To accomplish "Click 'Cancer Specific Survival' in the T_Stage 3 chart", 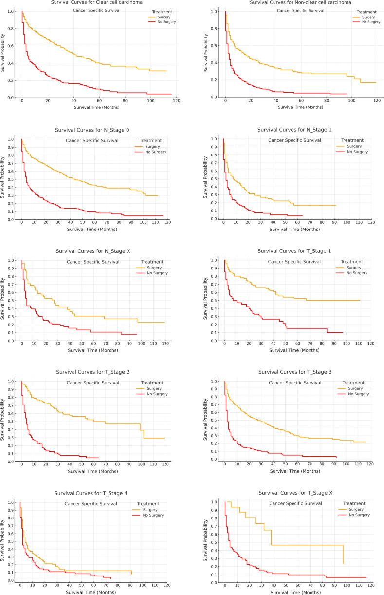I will (295, 383).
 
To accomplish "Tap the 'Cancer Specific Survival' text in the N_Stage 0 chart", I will (92, 141).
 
